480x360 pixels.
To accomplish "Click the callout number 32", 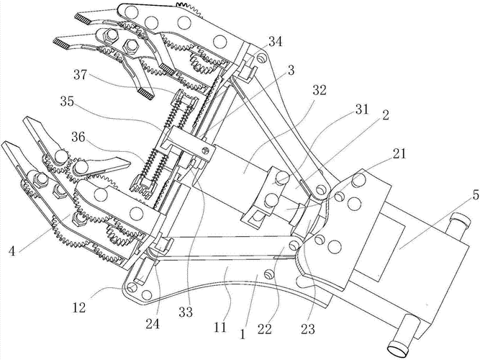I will coord(319,91).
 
